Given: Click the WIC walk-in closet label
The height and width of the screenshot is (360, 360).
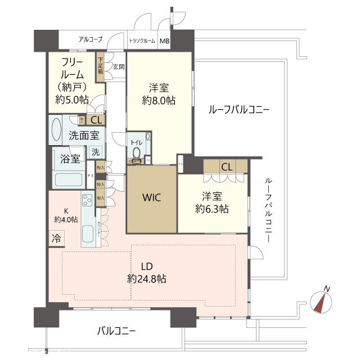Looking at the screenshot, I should [x=152, y=197].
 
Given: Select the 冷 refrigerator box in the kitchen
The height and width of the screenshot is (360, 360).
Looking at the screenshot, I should [x=56, y=238].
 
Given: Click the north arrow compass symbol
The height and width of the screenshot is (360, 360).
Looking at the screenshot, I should [x=322, y=300].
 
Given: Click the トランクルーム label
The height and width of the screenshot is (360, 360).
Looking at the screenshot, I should [x=142, y=41].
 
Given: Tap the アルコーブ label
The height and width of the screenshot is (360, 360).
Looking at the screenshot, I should [x=90, y=39].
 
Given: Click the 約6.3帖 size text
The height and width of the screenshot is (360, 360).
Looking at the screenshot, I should [x=212, y=209].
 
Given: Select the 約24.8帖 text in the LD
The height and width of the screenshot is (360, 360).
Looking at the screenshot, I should [x=146, y=278].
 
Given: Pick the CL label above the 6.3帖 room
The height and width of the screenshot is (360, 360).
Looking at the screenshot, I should [x=226, y=166].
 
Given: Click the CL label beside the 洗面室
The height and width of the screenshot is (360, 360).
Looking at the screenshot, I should [x=96, y=119].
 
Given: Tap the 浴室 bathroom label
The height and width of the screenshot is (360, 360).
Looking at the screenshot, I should [x=70, y=159].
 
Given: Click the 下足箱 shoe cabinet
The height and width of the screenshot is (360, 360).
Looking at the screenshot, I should [x=101, y=66].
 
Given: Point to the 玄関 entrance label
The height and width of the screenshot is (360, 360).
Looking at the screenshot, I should [x=118, y=67].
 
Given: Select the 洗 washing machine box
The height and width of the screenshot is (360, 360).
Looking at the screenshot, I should [x=96, y=152].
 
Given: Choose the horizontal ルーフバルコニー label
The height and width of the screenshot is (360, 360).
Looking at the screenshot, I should [x=238, y=109].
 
